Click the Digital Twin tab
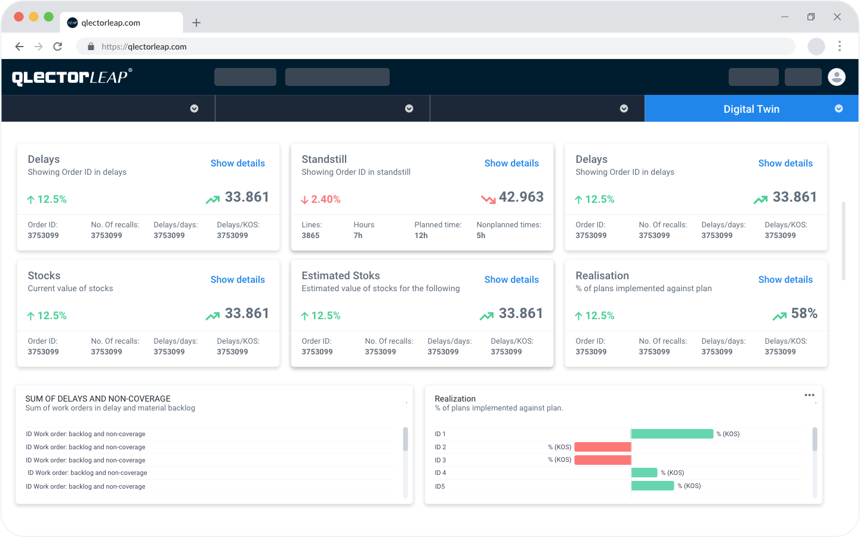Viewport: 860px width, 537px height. tap(751, 109)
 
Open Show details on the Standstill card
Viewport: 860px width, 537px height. tap(511, 163)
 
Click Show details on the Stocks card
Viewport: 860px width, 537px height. tap(238, 280)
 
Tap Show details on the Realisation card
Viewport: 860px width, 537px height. tap(785, 280)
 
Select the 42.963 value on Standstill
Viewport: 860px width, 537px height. tap(521, 197)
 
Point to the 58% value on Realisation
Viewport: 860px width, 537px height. tap(804, 314)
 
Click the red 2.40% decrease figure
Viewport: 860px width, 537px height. tap(325, 199)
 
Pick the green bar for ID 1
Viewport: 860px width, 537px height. tap(672, 434)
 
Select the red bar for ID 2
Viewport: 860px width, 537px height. tap(603, 447)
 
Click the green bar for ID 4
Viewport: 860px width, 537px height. tap(644, 473)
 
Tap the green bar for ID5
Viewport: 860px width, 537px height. tap(652, 486)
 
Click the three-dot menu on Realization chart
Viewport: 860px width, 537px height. tap(809, 395)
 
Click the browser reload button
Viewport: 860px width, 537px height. tap(58, 47)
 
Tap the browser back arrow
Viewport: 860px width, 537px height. tap(19, 47)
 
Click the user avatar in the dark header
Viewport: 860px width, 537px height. tap(837, 77)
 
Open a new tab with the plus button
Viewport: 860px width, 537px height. tap(196, 23)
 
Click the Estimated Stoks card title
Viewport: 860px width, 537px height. tap(341, 276)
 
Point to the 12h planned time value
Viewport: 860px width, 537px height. tap(421, 236)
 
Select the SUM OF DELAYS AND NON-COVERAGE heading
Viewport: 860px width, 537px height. tap(98, 399)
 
